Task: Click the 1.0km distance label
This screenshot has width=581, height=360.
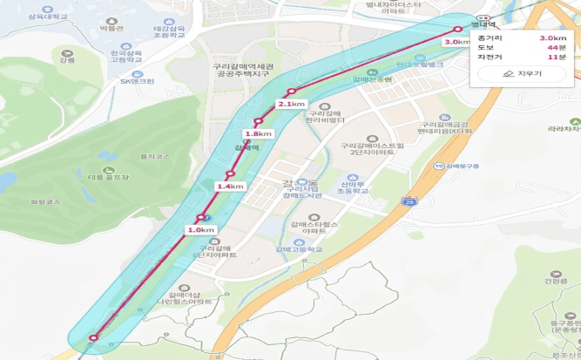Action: tap(200, 229)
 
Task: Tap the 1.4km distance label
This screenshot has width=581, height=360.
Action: tap(230, 187)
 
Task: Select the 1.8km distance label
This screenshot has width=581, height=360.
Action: tap(259, 133)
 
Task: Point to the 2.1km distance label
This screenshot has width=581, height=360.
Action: tap(292, 104)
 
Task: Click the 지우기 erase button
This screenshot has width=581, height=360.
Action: tap(522, 74)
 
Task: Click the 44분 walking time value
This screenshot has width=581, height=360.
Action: tap(557, 47)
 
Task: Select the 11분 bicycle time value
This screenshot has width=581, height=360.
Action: tap(557, 57)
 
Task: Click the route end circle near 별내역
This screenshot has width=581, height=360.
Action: tap(459, 29)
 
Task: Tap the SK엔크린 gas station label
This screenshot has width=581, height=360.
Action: tap(137, 81)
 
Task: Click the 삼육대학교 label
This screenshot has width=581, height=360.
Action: tap(47, 17)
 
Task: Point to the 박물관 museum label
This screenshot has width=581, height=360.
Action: tap(112, 29)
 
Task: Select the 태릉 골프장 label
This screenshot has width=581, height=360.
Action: tap(107, 177)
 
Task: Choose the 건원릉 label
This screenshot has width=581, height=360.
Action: tap(555, 281)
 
